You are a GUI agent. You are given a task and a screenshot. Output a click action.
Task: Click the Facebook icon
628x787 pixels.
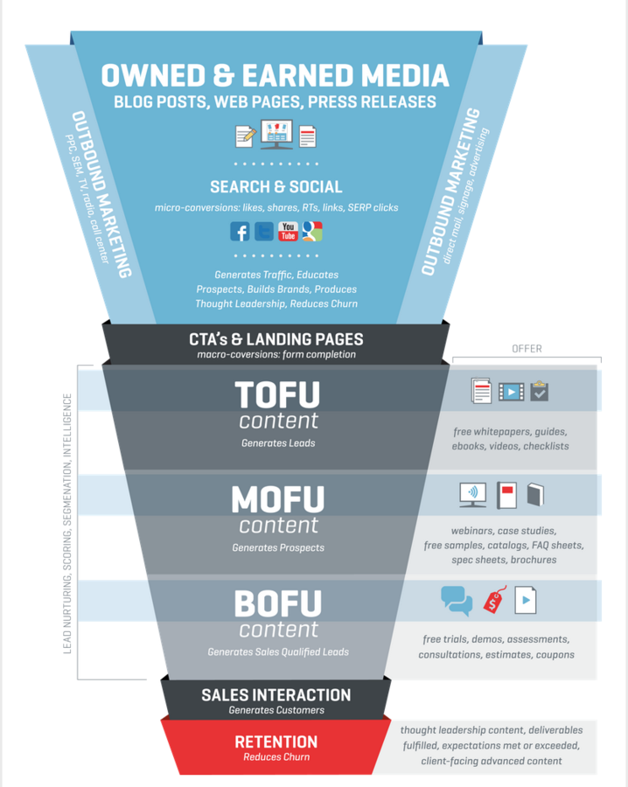tap(240, 231)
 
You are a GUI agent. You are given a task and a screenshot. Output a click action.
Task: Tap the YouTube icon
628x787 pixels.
tap(288, 231)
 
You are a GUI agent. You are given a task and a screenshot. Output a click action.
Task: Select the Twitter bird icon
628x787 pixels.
tap(263, 231)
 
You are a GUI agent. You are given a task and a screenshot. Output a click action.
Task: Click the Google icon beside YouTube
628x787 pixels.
tap(312, 231)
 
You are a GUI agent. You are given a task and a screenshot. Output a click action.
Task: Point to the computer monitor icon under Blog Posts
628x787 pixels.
tap(276, 136)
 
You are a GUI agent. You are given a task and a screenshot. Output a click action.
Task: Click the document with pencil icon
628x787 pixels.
tap(245, 136)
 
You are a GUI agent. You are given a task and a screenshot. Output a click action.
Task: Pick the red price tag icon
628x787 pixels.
tap(494, 601)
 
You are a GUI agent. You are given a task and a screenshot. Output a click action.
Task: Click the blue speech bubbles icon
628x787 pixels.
tap(457, 600)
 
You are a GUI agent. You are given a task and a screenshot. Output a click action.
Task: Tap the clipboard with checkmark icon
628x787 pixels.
tap(539, 391)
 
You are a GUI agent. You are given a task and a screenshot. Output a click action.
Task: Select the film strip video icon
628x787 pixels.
tap(511, 391)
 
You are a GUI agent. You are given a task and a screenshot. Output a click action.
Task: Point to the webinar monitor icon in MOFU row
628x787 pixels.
tap(472, 495)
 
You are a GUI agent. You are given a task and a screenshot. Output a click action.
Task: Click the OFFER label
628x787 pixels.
tap(527, 349)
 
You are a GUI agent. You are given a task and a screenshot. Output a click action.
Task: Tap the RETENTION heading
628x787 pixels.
tap(276, 742)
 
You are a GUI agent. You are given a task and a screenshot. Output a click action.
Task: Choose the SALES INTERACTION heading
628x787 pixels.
tap(276, 695)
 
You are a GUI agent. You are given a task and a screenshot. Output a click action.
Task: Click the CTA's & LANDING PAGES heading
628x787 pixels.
tap(276, 339)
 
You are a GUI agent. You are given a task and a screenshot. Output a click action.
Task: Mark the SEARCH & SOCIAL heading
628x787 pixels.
tap(276, 186)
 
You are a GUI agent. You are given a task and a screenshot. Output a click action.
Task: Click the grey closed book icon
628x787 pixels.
tap(535, 496)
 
